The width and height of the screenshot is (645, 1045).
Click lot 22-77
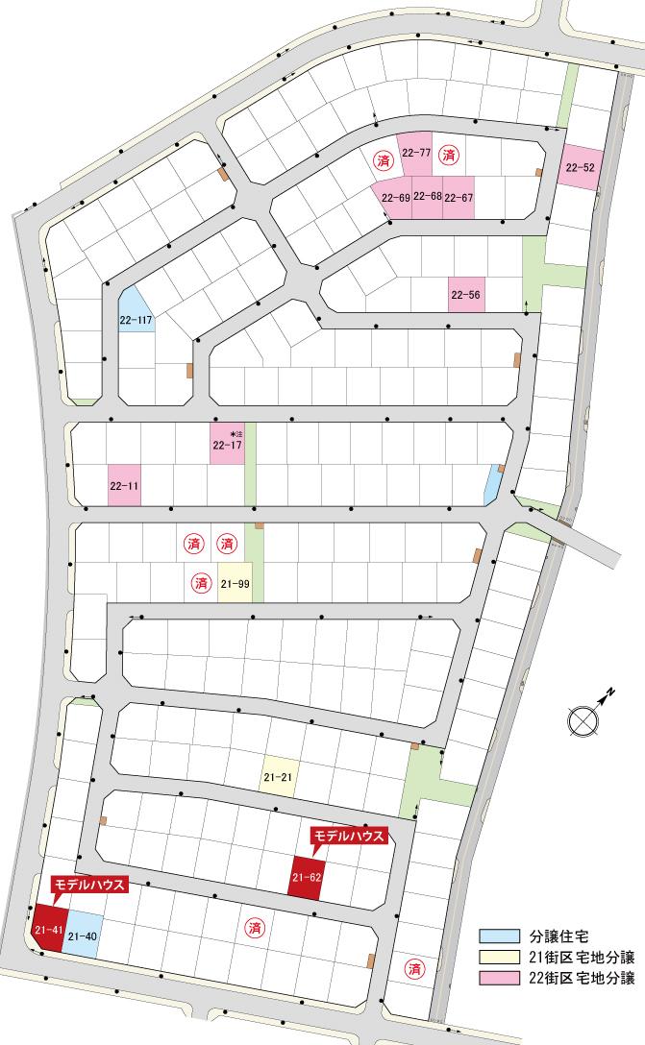(415, 153)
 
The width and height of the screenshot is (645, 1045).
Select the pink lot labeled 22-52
(581, 168)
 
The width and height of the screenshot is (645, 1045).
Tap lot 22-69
(394, 199)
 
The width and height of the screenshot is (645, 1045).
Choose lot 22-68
(428, 198)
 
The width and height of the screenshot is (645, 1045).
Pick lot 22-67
(459, 198)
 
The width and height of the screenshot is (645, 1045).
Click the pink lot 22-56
(466, 295)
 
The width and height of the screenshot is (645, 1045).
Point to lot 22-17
(227, 446)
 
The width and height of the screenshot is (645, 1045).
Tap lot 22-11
(125, 487)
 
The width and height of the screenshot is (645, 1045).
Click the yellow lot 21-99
(236, 583)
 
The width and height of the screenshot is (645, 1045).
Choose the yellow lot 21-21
(277, 775)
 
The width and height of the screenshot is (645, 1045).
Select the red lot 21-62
(307, 878)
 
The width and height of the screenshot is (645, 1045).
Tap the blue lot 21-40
(83, 929)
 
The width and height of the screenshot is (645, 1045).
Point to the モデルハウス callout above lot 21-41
(88, 885)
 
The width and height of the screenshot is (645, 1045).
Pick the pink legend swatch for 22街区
(497, 979)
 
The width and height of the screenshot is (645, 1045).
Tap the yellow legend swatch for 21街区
(497, 957)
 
